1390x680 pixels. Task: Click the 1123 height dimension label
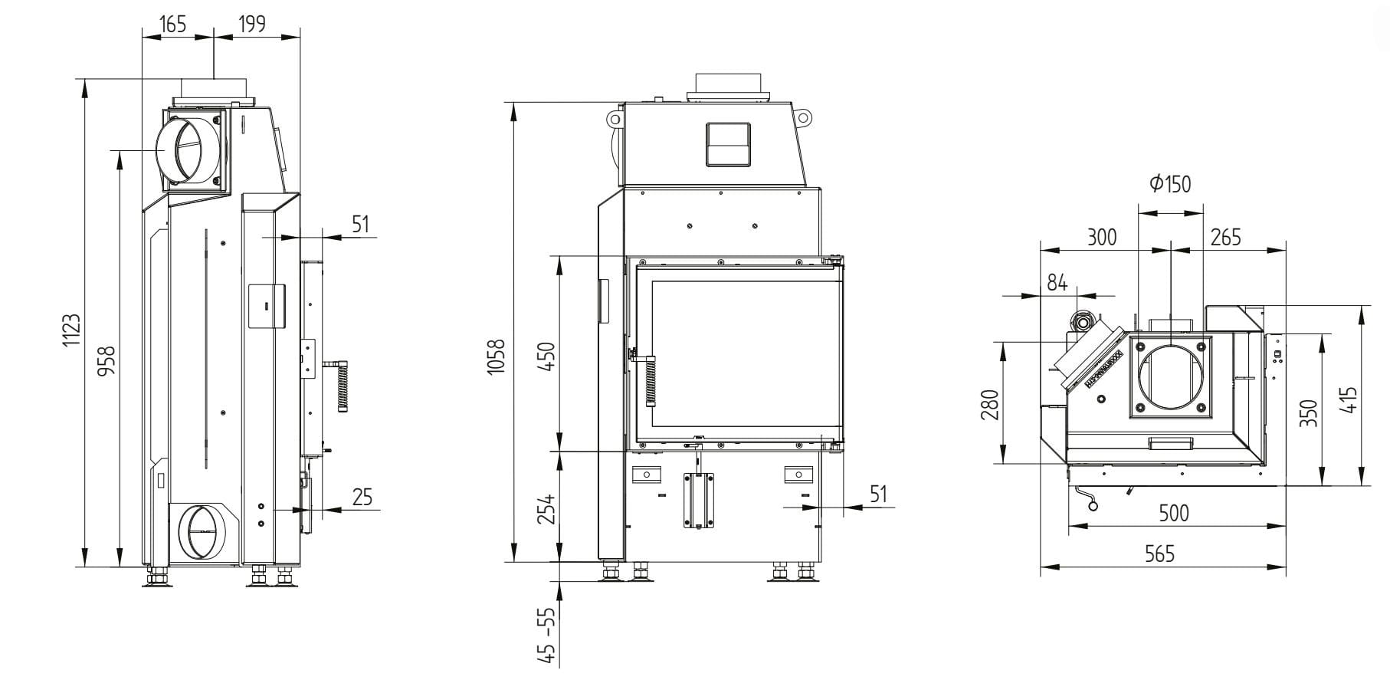[x=70, y=330]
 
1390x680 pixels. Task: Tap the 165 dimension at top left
[x=172, y=24]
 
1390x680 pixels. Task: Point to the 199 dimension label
[x=251, y=24]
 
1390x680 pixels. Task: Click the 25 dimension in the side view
[x=362, y=497]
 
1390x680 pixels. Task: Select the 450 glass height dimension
[x=547, y=356]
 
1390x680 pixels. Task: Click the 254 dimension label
[x=547, y=509]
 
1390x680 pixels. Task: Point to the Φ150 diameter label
[x=1171, y=183]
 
